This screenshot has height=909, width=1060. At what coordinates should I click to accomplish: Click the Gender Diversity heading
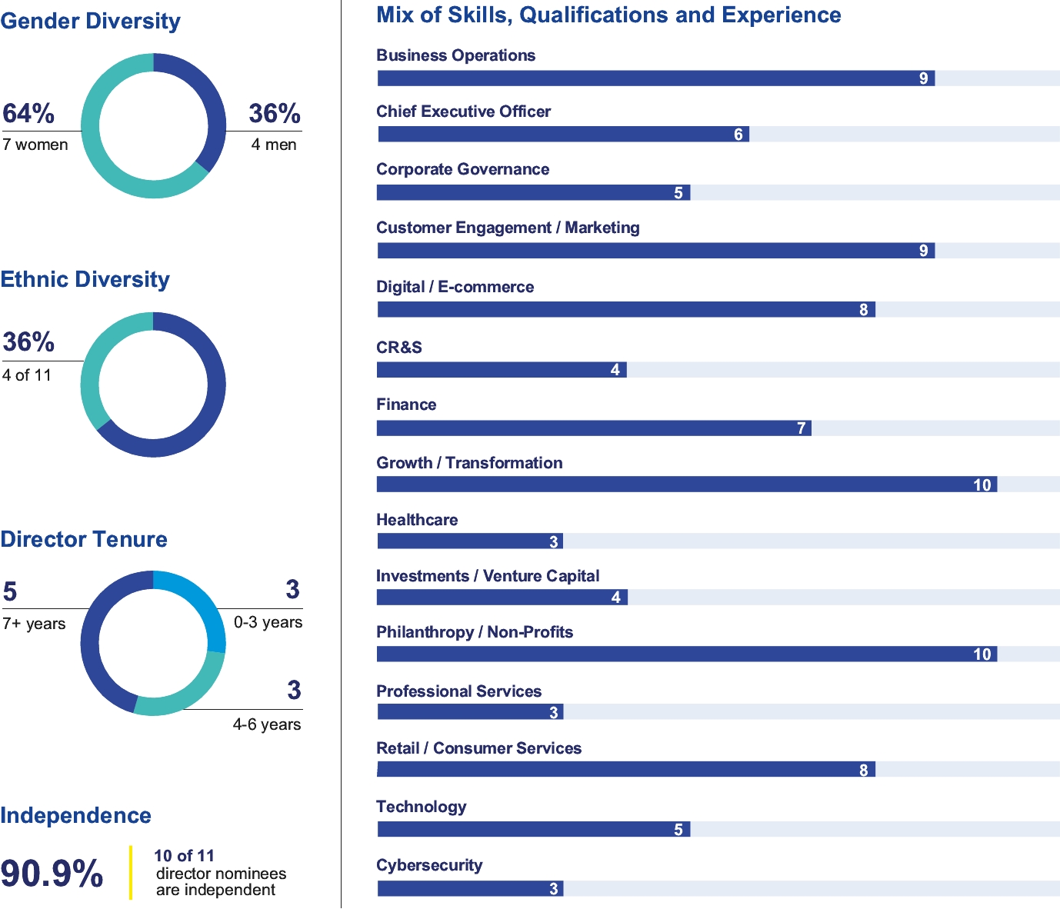click(90, 21)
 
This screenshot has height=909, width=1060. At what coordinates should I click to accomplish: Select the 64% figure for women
click(28, 114)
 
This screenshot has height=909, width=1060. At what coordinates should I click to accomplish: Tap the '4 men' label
click(274, 145)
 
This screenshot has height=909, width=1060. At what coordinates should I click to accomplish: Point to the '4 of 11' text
click(27, 375)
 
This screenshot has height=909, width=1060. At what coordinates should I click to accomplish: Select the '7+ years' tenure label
click(34, 624)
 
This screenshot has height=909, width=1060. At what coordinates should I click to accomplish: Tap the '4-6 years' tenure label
click(267, 724)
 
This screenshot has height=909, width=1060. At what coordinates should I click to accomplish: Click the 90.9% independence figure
click(52, 874)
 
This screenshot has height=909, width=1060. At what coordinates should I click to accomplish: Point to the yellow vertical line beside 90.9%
click(131, 872)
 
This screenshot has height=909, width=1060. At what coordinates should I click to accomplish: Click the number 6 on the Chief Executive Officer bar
click(738, 135)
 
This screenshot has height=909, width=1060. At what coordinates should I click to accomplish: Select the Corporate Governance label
click(462, 169)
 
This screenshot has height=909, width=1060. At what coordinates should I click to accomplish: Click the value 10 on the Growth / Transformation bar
click(982, 484)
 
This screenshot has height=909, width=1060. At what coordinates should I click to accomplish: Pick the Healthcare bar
click(470, 541)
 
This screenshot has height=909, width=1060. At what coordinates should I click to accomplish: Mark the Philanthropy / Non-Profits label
click(475, 632)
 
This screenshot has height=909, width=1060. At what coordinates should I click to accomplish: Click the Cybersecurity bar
click(470, 889)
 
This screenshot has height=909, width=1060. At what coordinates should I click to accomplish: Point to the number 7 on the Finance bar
click(802, 428)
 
